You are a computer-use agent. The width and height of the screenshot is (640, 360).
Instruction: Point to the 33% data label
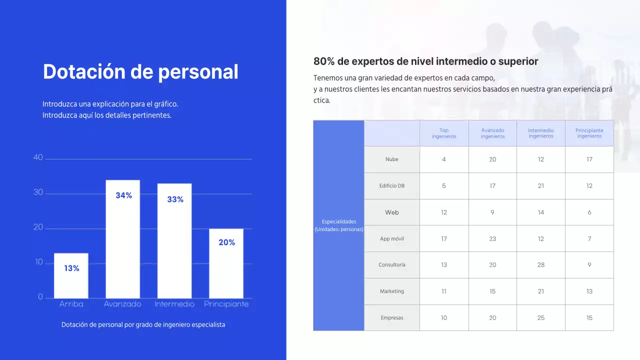coord(175,199)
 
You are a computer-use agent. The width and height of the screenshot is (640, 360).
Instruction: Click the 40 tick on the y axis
coord(38,157)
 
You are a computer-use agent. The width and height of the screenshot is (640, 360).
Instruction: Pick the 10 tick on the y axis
coord(39,262)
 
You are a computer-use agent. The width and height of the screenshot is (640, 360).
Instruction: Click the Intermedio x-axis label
coord(174,304)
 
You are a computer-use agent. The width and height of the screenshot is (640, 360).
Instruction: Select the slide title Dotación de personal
coord(140,72)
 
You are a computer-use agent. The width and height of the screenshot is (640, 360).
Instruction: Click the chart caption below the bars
coord(143,325)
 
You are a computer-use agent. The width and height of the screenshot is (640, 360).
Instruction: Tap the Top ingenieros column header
coord(444,133)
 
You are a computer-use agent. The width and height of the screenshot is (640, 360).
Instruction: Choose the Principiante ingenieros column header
coord(589,133)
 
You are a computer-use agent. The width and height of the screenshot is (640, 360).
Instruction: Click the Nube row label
coord(392,159)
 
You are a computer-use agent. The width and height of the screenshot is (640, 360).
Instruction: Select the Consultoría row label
coord(392,265)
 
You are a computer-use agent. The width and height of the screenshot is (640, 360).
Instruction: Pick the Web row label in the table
coord(392,212)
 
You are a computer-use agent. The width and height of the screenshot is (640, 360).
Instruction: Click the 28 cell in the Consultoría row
coord(541,265)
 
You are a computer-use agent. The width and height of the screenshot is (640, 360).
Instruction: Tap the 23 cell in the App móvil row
coord(492,239)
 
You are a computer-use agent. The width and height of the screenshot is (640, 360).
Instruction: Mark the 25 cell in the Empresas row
coord(541,318)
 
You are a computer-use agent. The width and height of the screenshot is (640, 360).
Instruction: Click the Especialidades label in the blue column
coord(339,221)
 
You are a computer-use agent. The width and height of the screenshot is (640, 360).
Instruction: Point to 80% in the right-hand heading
coord(324,61)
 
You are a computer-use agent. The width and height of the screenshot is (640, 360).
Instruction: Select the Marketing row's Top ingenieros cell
coord(444,291)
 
